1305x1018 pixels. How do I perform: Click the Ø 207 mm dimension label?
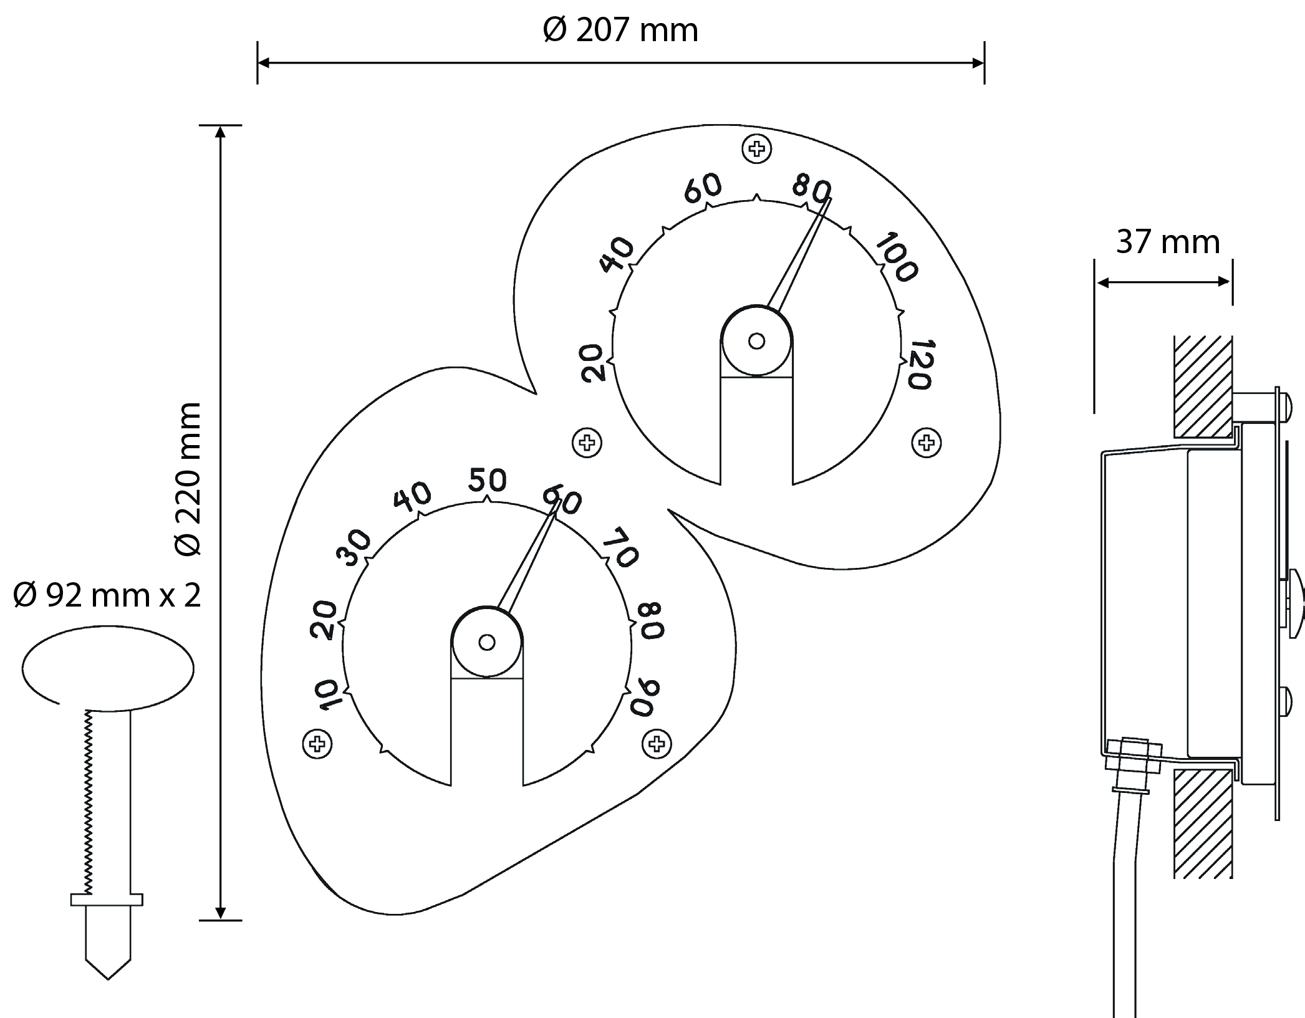click(x=620, y=31)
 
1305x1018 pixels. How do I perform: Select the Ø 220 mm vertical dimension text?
click(x=188, y=478)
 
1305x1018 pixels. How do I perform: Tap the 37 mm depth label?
click(x=1167, y=242)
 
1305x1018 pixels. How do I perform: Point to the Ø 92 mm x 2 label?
click(x=107, y=596)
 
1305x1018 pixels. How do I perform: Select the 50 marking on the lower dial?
click(x=488, y=480)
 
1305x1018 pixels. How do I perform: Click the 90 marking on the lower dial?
click(x=648, y=698)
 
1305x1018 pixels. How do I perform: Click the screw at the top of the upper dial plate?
click(x=757, y=149)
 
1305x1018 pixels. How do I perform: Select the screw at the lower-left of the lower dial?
click(x=317, y=744)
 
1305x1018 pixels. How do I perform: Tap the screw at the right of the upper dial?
click(x=927, y=443)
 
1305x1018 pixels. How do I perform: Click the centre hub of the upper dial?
click(x=756, y=341)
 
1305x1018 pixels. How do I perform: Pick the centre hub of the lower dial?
click(x=487, y=642)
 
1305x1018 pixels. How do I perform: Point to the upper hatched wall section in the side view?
click(x=1203, y=386)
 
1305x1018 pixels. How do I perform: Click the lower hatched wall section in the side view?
click(x=1203, y=824)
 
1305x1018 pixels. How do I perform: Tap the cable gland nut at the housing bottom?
click(x=1134, y=755)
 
